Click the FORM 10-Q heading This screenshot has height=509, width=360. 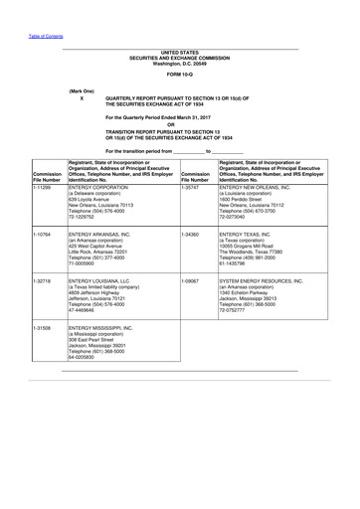point(180,75)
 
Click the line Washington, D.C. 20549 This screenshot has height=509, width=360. point(180,61)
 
